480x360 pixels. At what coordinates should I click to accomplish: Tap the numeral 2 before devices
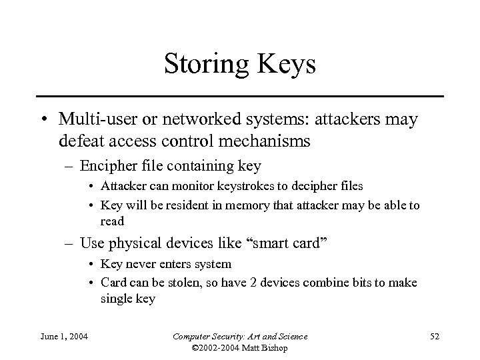[x=244, y=282]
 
